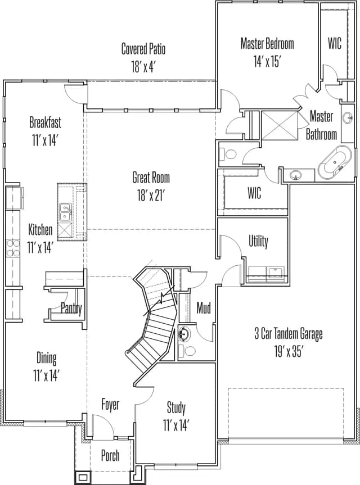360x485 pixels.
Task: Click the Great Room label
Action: click(x=151, y=178)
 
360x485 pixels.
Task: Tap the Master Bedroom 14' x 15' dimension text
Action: click(x=267, y=62)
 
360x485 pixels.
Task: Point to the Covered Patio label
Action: click(x=143, y=49)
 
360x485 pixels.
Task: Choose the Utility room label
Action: click(x=259, y=241)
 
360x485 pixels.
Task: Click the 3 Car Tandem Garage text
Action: click(x=289, y=334)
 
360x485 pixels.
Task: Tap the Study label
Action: click(x=176, y=407)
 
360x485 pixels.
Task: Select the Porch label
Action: click(x=110, y=455)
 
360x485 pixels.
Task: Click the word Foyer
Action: click(x=110, y=405)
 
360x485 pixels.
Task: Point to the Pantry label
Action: click(x=71, y=309)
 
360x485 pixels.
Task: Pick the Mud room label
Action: click(x=204, y=308)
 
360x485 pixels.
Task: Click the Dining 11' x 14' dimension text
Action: click(x=47, y=376)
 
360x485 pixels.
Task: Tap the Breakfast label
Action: click(x=45, y=122)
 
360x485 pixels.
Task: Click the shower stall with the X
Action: click(x=280, y=125)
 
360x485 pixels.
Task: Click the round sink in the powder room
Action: click(x=184, y=334)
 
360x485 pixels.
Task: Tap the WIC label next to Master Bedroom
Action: click(x=335, y=43)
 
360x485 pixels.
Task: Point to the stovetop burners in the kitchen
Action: click(x=13, y=248)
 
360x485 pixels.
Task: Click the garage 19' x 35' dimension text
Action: click(x=288, y=352)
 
